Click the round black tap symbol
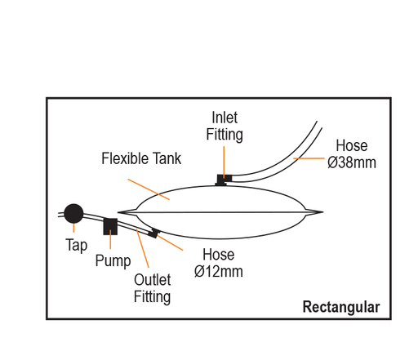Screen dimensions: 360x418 [x=73, y=214]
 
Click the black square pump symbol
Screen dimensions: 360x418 [x=110, y=226]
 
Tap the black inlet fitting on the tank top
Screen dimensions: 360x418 [x=221, y=179]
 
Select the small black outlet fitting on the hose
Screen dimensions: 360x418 [x=153, y=234]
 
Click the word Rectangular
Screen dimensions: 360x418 [x=340, y=308]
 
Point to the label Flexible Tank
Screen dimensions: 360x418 [x=141, y=158]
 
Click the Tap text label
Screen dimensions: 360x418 [x=77, y=244]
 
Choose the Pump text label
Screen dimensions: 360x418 [x=113, y=261]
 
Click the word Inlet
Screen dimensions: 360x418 [x=225, y=117]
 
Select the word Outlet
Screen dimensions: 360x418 [x=152, y=279]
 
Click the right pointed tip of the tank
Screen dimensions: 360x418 [x=322, y=213]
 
